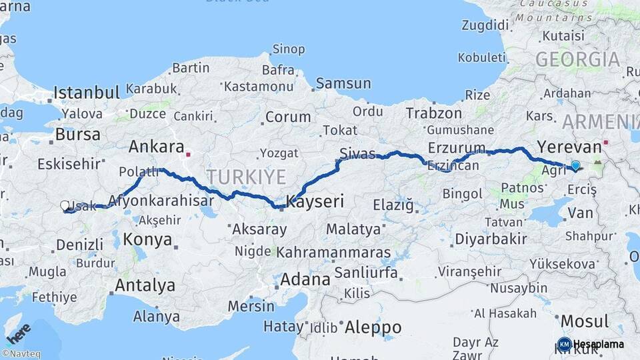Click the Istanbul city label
point(87,92)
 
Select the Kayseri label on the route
point(315,201)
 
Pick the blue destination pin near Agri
point(575,165)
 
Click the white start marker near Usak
point(65,206)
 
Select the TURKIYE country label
point(246,177)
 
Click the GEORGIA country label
point(577,59)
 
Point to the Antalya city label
point(145,285)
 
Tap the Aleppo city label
point(373,327)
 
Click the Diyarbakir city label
point(490,239)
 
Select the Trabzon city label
point(433,113)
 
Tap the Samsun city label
point(343,83)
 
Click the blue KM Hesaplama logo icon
point(564,344)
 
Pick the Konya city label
point(147,239)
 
